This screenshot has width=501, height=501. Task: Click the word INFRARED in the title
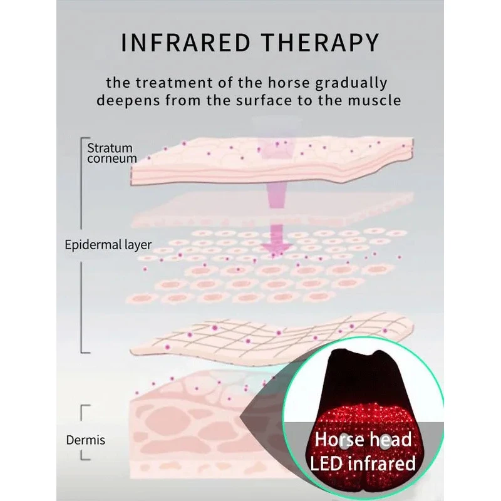[185, 43]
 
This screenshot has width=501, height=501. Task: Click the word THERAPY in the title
[321, 43]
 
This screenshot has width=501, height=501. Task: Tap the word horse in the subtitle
[289, 83]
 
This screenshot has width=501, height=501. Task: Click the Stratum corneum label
[112, 153]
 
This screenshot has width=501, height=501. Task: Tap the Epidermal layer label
[108, 245]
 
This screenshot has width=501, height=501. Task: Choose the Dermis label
[86, 440]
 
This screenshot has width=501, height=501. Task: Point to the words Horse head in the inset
[363, 439]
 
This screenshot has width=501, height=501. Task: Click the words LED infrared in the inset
[363, 463]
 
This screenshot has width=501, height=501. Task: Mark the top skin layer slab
[272, 162]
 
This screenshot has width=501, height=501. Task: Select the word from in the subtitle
[183, 100]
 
